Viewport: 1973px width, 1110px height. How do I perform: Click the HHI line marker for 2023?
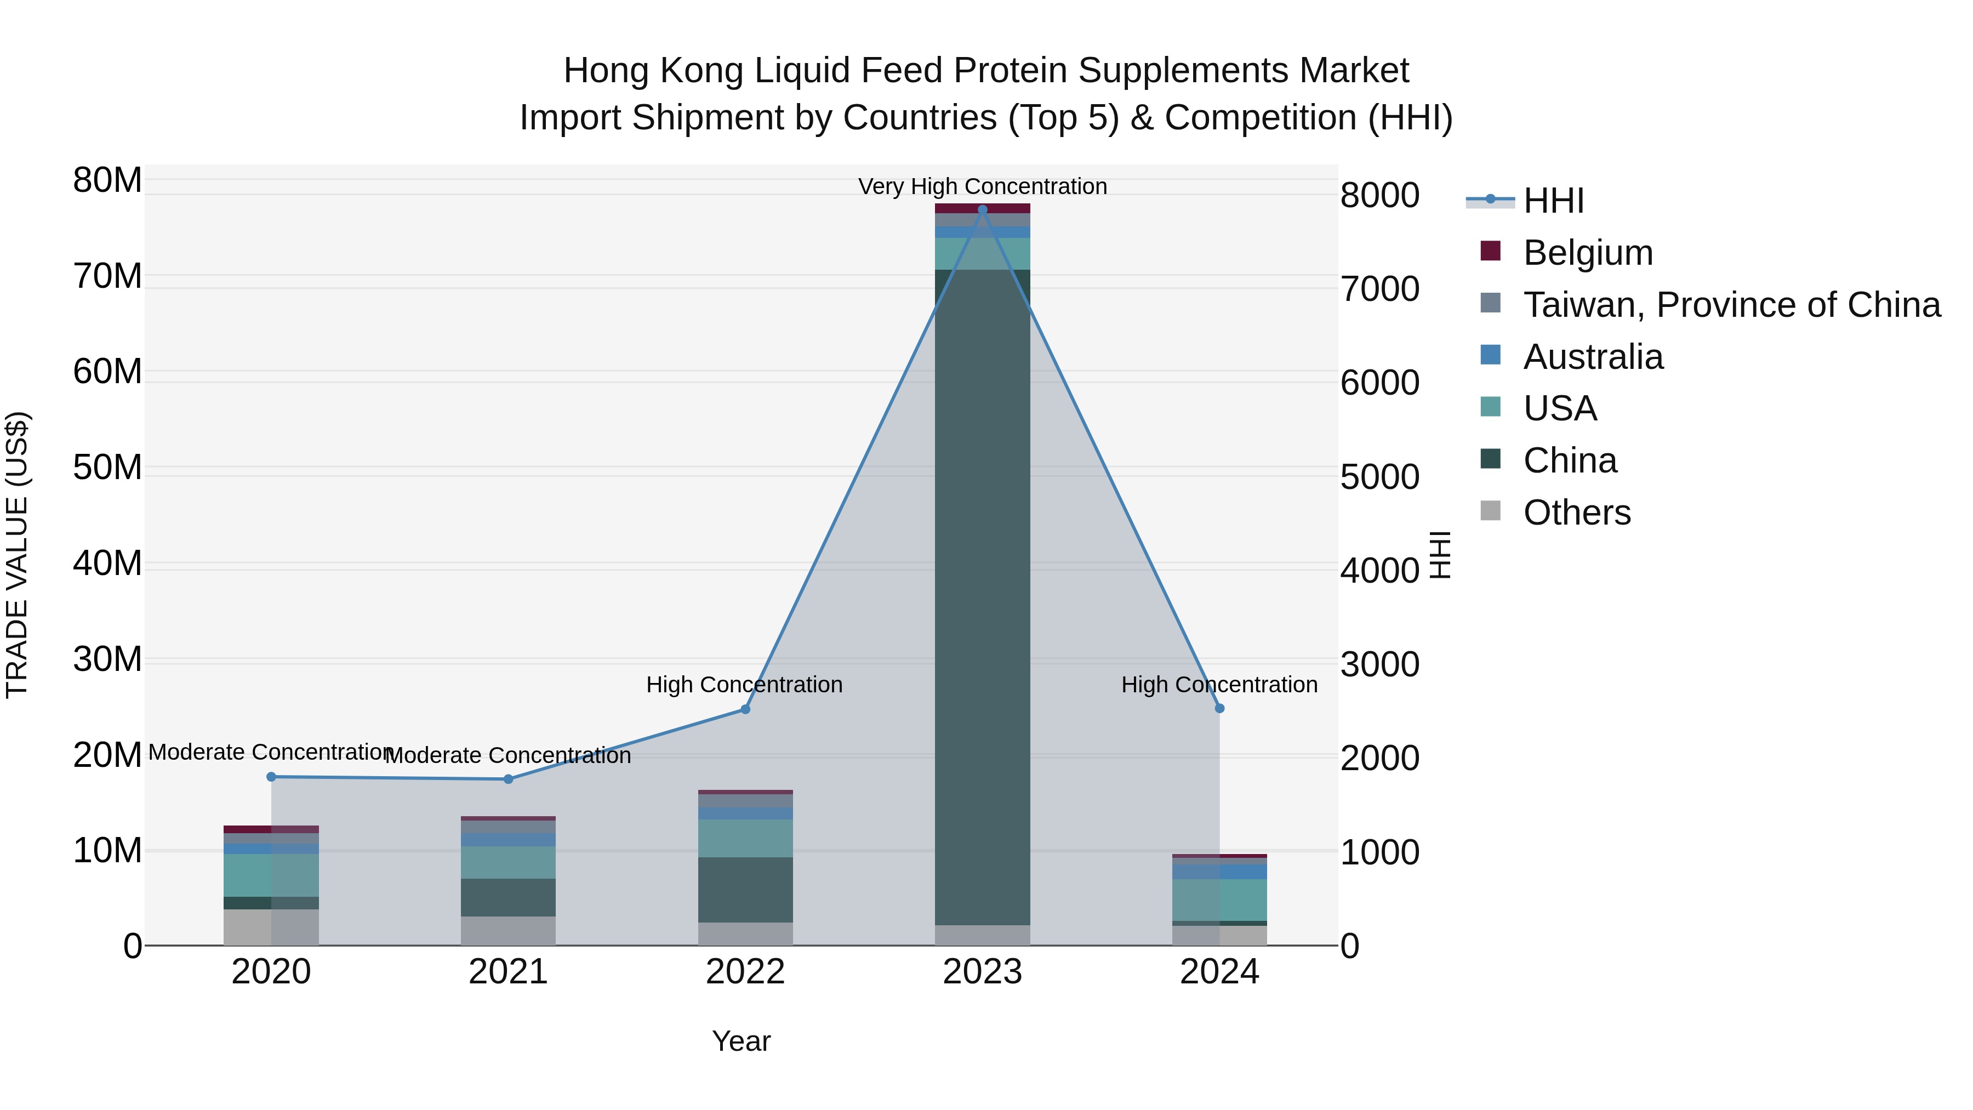[x=983, y=210]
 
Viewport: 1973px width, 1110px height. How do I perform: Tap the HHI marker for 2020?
[x=271, y=777]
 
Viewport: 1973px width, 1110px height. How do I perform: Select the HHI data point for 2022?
[x=745, y=709]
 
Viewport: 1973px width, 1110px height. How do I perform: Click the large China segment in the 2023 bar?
[x=983, y=597]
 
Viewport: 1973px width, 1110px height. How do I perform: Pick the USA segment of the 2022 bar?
[x=745, y=838]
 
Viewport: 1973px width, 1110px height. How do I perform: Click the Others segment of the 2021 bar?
[x=508, y=931]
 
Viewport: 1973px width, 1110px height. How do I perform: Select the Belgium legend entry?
[x=1587, y=253]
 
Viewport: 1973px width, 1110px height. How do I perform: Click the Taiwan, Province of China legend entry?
[x=1731, y=305]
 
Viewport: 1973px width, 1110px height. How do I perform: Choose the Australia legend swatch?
[x=1491, y=355]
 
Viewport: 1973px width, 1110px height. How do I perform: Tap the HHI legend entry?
[x=1553, y=201]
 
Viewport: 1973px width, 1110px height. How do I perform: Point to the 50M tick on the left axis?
[x=107, y=467]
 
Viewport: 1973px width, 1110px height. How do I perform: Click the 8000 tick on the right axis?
[x=1379, y=195]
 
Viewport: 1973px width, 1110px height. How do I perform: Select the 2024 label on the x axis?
[x=1219, y=972]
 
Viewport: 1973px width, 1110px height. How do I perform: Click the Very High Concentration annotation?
[x=983, y=186]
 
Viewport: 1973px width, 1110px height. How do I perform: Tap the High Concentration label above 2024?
[x=1219, y=684]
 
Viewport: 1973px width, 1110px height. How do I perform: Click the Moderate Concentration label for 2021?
[x=508, y=755]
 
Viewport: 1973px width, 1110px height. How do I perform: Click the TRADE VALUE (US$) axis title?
[x=17, y=555]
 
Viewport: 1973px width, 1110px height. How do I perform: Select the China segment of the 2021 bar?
[x=508, y=897]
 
